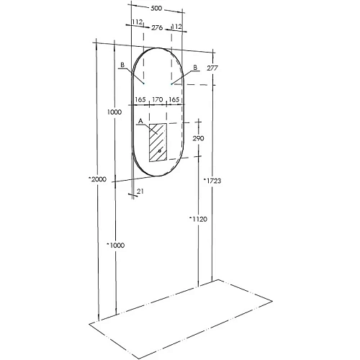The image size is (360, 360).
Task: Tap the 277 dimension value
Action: (212, 68)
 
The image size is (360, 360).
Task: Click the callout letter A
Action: (140, 122)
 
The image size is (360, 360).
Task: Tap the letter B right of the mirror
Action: (194, 67)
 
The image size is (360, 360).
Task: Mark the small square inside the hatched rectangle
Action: (161, 152)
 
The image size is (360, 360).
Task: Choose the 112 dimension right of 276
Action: (176, 26)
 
